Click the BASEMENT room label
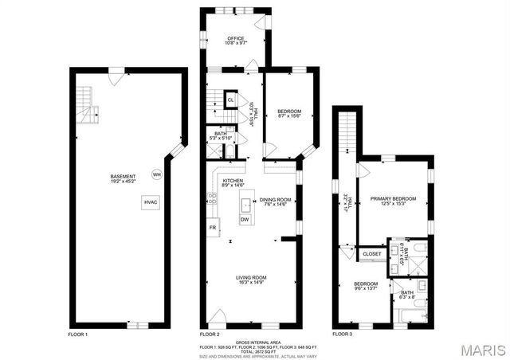pyautogui.click(x=123, y=176)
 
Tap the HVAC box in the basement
pyautogui.click(x=151, y=203)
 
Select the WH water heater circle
pyautogui.click(x=157, y=174)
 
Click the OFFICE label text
pyautogui.click(x=235, y=38)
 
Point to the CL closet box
pyautogui.click(x=230, y=100)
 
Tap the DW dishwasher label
pyautogui.click(x=245, y=220)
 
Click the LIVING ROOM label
pyautogui.click(x=251, y=277)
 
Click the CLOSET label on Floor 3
pyautogui.click(x=371, y=254)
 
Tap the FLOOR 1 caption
pyautogui.click(x=77, y=335)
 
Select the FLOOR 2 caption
pyautogui.click(x=209, y=335)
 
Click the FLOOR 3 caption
pyautogui.click(x=342, y=335)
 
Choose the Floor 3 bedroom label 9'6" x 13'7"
pyautogui.click(x=366, y=286)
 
